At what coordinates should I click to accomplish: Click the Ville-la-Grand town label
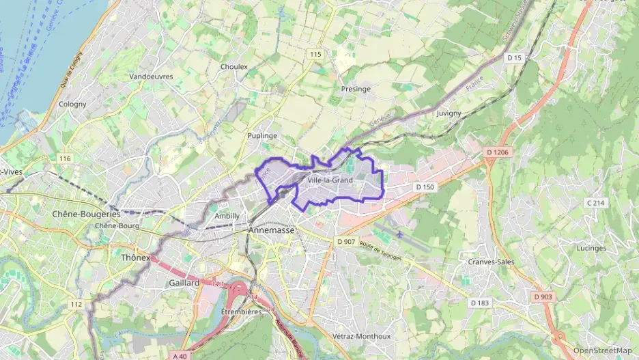click(x=330, y=180)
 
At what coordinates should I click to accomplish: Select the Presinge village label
click(x=355, y=89)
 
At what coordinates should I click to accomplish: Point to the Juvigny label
click(x=449, y=113)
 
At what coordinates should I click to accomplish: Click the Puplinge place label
click(x=262, y=136)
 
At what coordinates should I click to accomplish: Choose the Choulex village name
click(x=234, y=67)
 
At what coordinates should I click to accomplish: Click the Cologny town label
click(x=72, y=104)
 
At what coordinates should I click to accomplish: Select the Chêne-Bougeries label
click(x=86, y=214)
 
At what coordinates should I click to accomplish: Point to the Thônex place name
click(x=134, y=258)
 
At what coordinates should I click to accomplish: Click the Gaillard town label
click(x=184, y=282)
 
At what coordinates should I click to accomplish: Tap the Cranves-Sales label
click(x=491, y=262)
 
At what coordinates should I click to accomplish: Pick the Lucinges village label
click(x=591, y=248)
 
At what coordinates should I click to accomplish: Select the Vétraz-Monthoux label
click(x=361, y=336)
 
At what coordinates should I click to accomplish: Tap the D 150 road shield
click(x=425, y=186)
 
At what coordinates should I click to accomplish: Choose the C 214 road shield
click(x=596, y=203)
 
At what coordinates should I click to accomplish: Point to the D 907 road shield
click(x=346, y=242)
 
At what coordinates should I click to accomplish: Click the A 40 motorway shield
click(x=180, y=355)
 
